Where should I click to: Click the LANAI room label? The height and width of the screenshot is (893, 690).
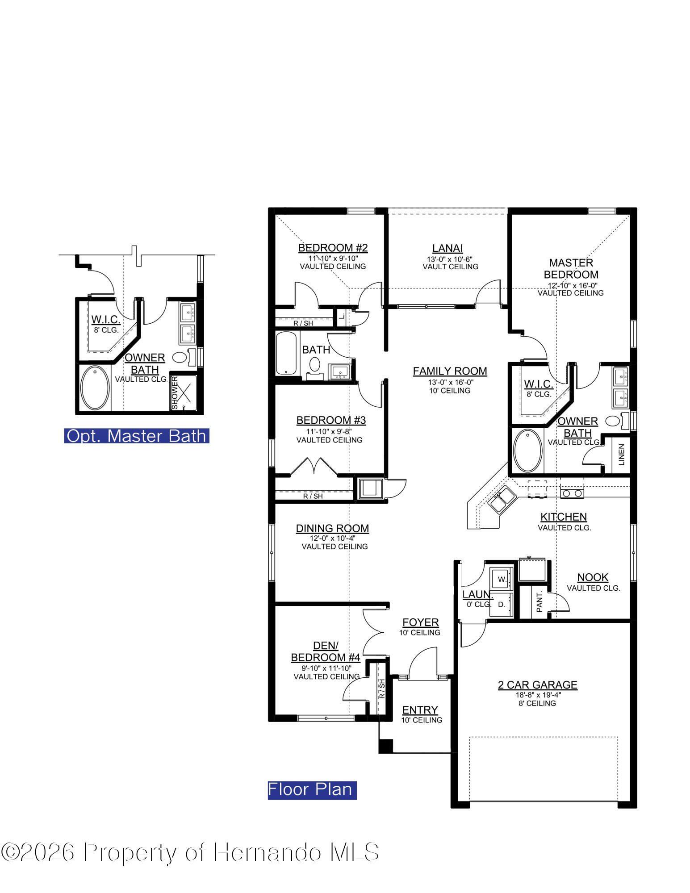pos(447,248)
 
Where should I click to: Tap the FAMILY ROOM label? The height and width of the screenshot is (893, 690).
pos(449,371)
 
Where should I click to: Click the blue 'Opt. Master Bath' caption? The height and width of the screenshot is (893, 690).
pos(137,436)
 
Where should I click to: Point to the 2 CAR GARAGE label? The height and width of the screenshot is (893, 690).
pos(537,685)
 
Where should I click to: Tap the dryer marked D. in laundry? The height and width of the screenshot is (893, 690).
pos(502,605)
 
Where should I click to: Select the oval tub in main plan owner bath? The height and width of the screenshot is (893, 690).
pos(528,451)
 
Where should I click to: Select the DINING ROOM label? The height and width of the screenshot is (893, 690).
pos(332,529)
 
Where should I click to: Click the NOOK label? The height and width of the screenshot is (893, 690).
pos(593,577)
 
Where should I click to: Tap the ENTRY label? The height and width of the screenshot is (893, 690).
pos(420,710)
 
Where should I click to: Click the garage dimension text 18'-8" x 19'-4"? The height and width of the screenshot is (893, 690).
pos(537,695)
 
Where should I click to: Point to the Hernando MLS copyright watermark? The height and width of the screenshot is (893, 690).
pos(190,852)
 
